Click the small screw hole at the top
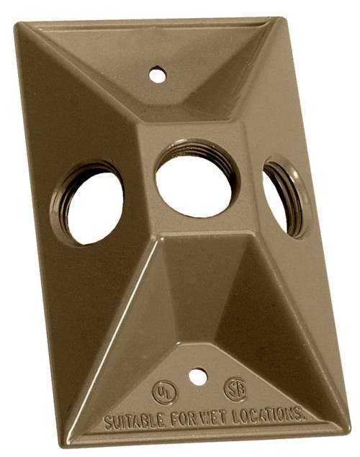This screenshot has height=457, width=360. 157,73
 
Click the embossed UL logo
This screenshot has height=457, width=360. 164,392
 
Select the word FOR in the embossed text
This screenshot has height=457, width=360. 181,418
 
